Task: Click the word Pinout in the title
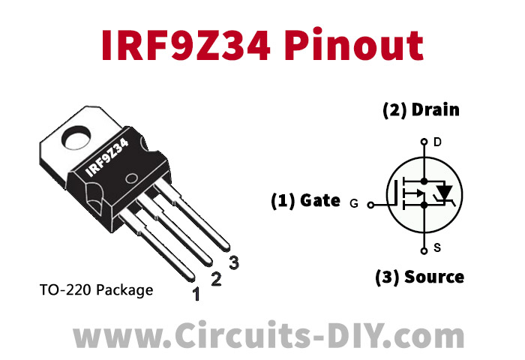coord(354,45)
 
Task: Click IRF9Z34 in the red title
coord(186,45)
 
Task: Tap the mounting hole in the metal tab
coord(77,138)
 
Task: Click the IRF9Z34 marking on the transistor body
coord(106,157)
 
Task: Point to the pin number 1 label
coord(196,294)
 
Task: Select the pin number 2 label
coord(216,279)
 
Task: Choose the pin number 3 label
coord(234,262)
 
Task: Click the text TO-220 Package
coord(97,290)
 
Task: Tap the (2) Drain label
coord(421,109)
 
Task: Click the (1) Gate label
coord(305,200)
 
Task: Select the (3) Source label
coord(419,277)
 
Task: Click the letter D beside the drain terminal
coord(437,142)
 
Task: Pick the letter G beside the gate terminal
coord(354,203)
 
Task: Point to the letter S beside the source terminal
coord(437,248)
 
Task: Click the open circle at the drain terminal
coord(424,142)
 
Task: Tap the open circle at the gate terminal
coord(370,205)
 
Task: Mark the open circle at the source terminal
coord(424,250)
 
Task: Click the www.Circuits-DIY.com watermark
coord(268,335)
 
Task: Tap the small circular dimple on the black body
coord(131,178)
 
